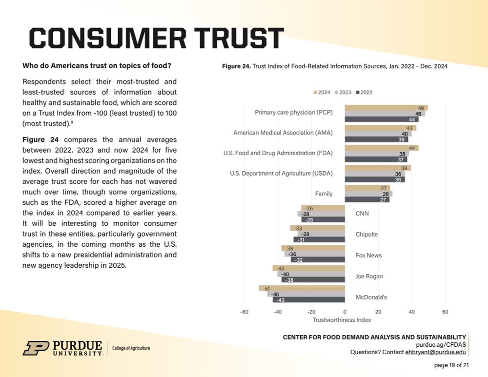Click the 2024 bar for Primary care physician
(386, 107)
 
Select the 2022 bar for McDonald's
(308, 300)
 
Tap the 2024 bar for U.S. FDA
(381, 148)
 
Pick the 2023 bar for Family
(368, 194)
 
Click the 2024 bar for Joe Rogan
(308, 268)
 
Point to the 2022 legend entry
(364, 92)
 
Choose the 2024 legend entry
(322, 92)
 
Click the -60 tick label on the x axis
(244, 311)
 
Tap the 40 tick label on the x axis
(411, 311)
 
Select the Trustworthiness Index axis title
(342, 320)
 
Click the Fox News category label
(368, 255)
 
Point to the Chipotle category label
(366, 234)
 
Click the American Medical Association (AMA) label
(283, 133)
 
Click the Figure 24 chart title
(335, 66)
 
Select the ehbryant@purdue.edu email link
(435, 352)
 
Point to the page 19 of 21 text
(451, 365)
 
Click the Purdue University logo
(62, 348)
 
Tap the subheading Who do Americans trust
(97, 65)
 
